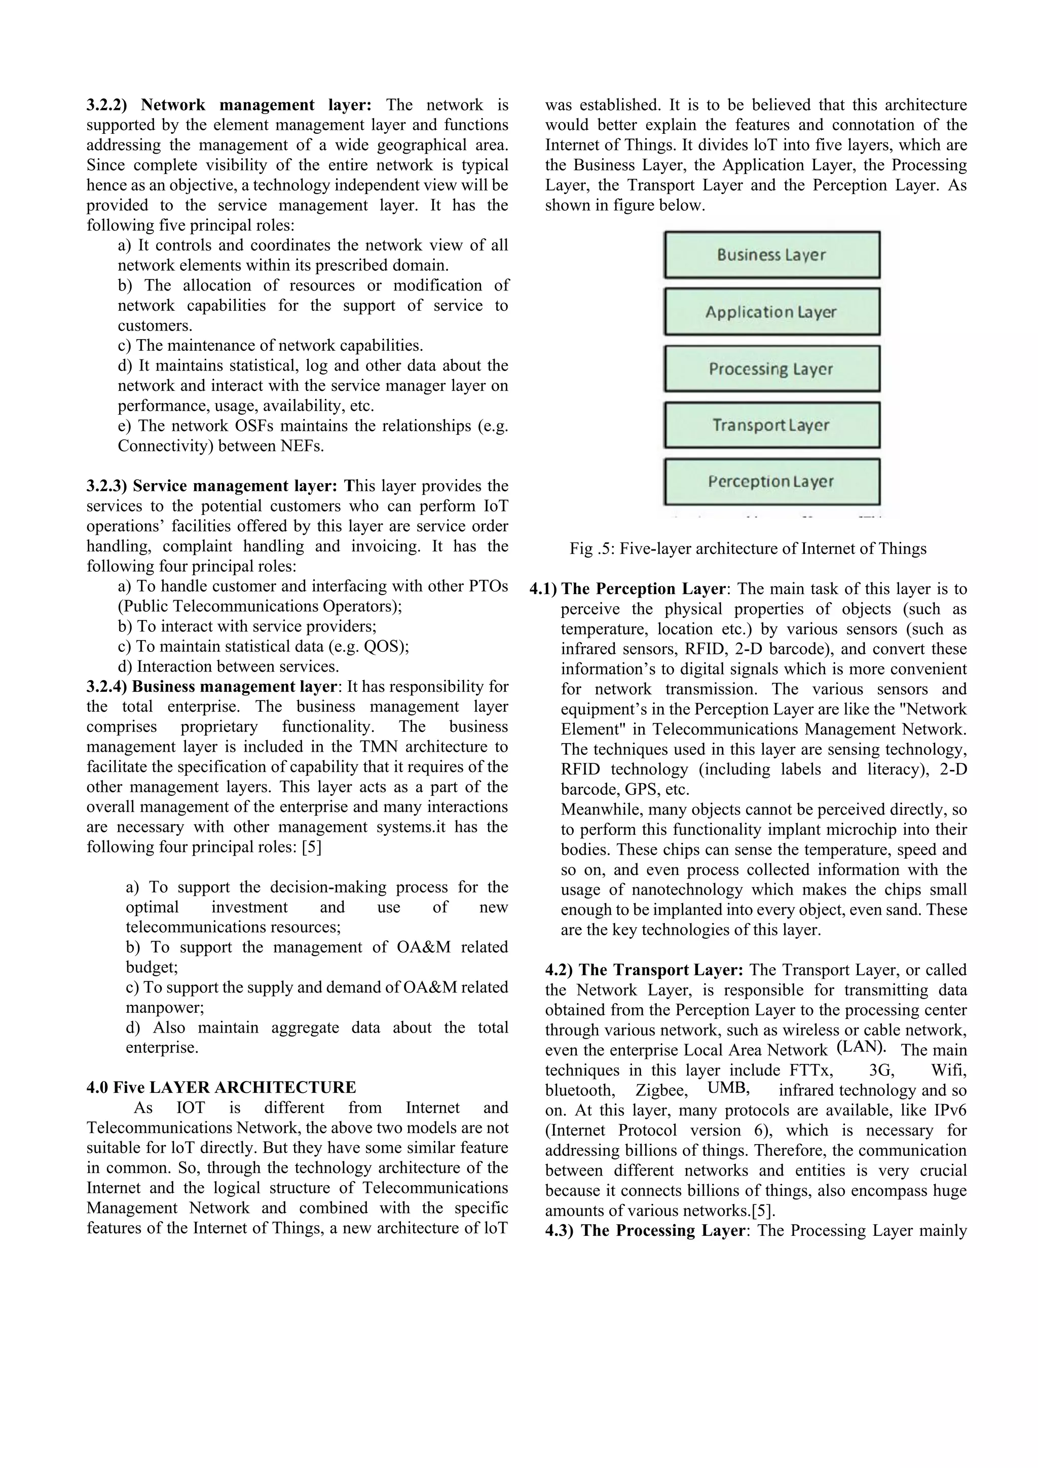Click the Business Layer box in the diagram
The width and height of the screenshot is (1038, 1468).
click(x=771, y=254)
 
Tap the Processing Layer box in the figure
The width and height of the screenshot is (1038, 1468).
click(x=771, y=369)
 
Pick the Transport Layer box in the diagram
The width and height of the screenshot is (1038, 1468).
click(x=771, y=425)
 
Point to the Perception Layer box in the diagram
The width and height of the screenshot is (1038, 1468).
click(x=771, y=481)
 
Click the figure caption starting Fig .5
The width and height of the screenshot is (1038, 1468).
click(x=748, y=548)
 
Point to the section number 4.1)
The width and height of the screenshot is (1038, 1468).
click(x=543, y=589)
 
